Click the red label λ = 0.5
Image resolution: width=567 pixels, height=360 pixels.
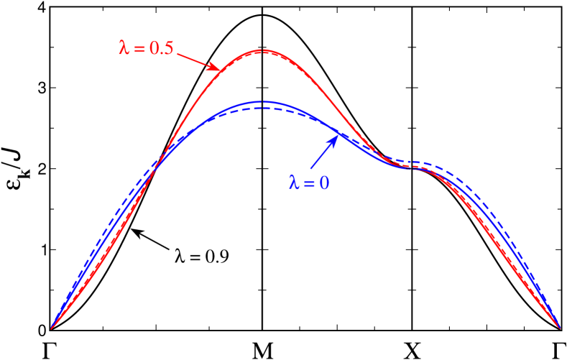tap(146, 49)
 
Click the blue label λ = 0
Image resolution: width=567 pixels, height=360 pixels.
tap(309, 183)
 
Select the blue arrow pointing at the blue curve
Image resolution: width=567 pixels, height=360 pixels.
tap(323, 153)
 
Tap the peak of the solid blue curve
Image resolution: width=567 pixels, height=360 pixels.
tap(264, 102)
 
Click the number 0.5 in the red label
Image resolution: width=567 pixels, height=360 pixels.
tap(161, 49)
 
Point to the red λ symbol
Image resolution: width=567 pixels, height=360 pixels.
tap(123, 49)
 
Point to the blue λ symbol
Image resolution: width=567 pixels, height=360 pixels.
tap(293, 183)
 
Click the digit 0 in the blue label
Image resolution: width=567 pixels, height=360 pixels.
tap(325, 183)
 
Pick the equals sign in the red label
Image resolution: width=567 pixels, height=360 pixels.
tap(138, 50)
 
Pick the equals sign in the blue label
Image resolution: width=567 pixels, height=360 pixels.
tap(309, 184)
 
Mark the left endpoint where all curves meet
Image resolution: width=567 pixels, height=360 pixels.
tap(51, 329)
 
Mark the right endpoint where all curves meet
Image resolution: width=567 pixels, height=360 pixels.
tap(560, 329)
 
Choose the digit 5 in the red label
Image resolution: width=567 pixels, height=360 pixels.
tap(169, 49)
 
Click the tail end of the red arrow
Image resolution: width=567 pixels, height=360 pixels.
tap(177, 54)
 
